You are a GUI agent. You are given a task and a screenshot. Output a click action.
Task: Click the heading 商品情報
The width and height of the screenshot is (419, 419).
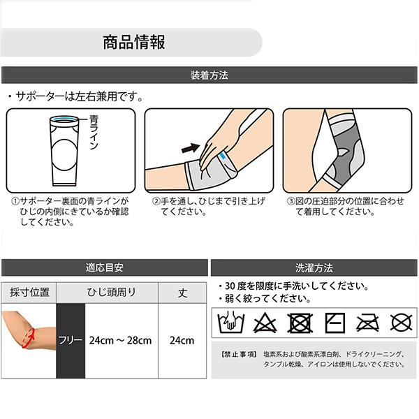(133, 42)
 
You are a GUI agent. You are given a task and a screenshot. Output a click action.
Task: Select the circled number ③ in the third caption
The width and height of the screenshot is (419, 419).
(291, 201)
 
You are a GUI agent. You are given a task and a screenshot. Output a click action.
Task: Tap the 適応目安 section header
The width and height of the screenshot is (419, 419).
(105, 267)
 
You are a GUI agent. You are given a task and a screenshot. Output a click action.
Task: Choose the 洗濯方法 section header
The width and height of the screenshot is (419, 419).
(314, 267)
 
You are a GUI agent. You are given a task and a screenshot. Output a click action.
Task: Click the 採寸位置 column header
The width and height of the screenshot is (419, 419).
(29, 293)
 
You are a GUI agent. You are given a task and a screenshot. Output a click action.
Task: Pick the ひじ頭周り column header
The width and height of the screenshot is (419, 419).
(111, 293)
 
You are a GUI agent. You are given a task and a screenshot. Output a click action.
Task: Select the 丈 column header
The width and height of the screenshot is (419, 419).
(183, 293)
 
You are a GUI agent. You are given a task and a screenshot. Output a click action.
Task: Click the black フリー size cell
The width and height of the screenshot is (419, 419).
(70, 341)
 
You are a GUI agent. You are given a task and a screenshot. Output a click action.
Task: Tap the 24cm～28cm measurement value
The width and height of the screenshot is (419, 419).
(120, 341)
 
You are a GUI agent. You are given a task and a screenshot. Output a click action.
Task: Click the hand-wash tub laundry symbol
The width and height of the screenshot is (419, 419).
(230, 323)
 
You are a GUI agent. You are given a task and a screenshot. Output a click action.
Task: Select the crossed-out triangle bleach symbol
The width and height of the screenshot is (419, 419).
(264, 323)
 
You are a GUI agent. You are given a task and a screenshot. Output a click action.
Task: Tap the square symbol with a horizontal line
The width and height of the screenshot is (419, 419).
(334, 323)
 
